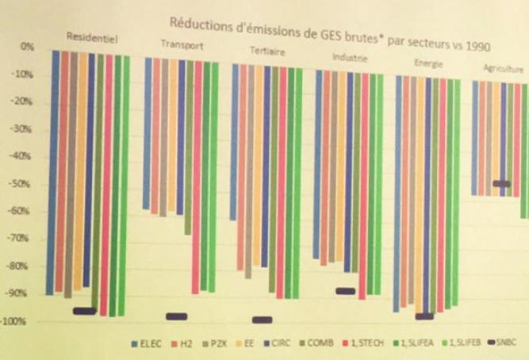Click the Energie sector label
428,62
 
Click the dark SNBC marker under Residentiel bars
84,311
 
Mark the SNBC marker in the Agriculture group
501,184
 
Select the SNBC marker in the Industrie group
345,291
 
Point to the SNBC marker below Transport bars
176,316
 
